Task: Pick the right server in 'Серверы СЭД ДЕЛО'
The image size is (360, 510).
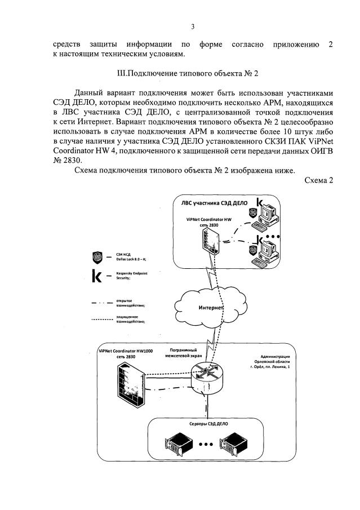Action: [x=237, y=443]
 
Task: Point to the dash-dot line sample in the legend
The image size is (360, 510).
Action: [x=99, y=303]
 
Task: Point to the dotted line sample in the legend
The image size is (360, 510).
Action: [x=99, y=319]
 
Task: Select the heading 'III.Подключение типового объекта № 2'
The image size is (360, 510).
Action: [x=180, y=74]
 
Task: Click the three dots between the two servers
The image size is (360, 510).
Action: [x=206, y=444]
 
